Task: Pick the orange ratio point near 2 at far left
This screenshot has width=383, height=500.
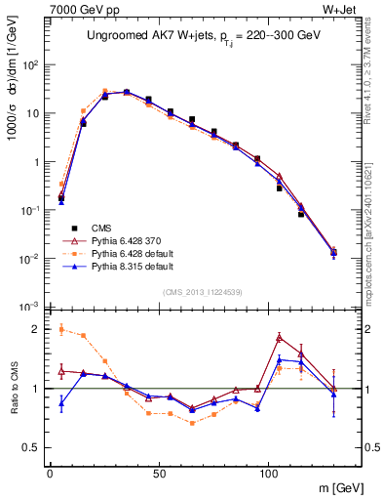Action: (61, 329)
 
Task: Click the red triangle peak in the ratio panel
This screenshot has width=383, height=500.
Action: (280, 337)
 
